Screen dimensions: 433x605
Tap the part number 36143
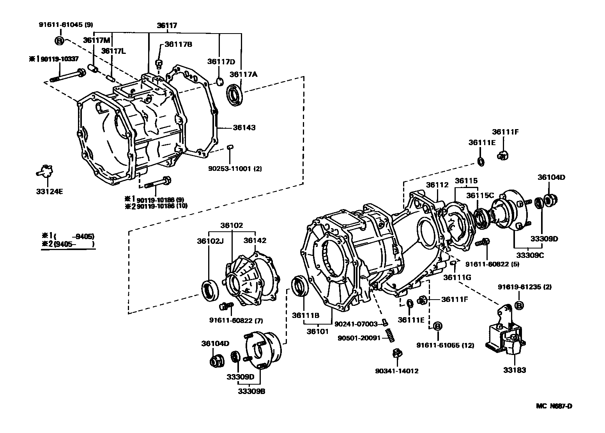(244, 128)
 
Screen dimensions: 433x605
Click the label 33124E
(48, 191)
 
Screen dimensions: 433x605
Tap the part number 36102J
(210, 241)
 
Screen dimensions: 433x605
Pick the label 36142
(255, 241)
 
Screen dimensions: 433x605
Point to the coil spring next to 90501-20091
(389, 335)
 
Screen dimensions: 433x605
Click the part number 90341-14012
(397, 371)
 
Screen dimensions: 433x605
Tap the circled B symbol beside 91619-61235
(519, 305)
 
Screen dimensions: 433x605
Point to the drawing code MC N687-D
(554, 406)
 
